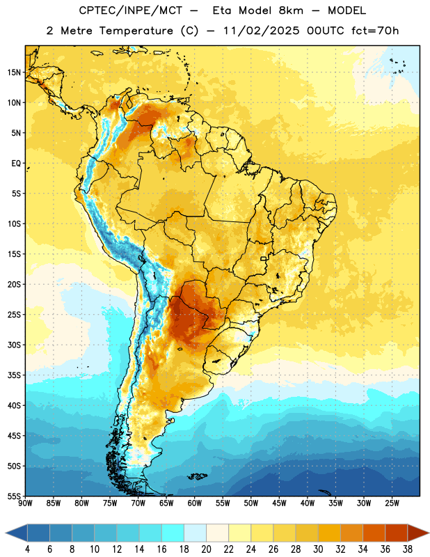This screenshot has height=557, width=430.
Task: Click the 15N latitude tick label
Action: (x=14, y=72)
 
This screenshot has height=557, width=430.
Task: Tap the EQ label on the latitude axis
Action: (x=16, y=164)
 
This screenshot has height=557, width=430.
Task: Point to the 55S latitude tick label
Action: (x=14, y=496)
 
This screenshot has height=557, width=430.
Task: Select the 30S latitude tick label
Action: (x=14, y=345)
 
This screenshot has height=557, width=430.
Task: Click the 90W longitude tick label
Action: (x=25, y=503)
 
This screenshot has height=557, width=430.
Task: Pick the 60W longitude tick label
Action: (x=195, y=503)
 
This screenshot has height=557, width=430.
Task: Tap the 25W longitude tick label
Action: (x=392, y=503)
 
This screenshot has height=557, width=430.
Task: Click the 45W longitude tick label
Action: (x=279, y=503)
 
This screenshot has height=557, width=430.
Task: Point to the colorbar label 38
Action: (x=408, y=549)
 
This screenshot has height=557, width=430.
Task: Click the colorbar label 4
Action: (x=27, y=549)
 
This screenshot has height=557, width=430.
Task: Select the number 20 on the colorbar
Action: (x=206, y=549)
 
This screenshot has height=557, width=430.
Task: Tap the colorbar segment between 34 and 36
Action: (x=374, y=533)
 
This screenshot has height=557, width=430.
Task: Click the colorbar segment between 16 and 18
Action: (x=173, y=533)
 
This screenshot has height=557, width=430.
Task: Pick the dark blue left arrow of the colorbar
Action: (x=16, y=533)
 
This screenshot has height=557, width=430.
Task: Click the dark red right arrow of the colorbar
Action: (x=419, y=533)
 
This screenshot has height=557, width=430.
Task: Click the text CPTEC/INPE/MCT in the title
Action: (x=130, y=10)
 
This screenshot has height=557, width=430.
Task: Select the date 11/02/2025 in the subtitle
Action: (x=262, y=31)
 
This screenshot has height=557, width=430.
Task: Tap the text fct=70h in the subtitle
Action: (x=375, y=31)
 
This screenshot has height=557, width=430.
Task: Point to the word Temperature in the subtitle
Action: (x=136, y=31)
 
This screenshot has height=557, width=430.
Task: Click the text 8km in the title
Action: (x=291, y=10)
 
